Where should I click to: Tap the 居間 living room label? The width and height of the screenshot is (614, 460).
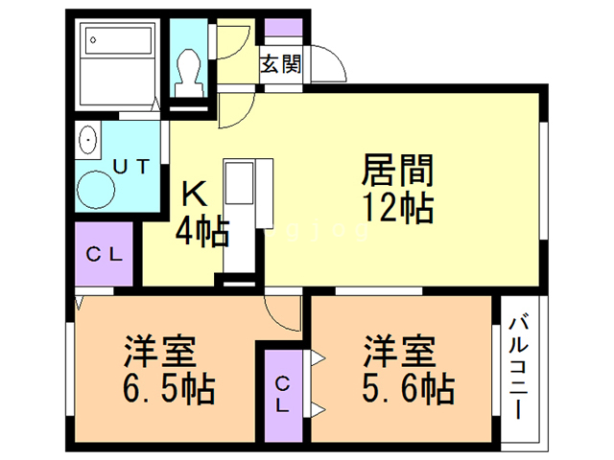point(397,172)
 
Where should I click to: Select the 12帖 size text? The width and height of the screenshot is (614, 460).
point(397,206)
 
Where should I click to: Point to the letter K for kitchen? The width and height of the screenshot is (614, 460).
point(196,195)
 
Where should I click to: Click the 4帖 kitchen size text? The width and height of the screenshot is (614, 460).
point(201,231)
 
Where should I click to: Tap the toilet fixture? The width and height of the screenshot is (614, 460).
point(189,68)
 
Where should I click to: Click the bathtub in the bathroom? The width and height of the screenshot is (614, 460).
point(119,44)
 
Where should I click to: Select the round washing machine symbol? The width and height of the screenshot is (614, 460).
point(97,189)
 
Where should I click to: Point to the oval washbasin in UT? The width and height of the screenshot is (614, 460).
point(89,141)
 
